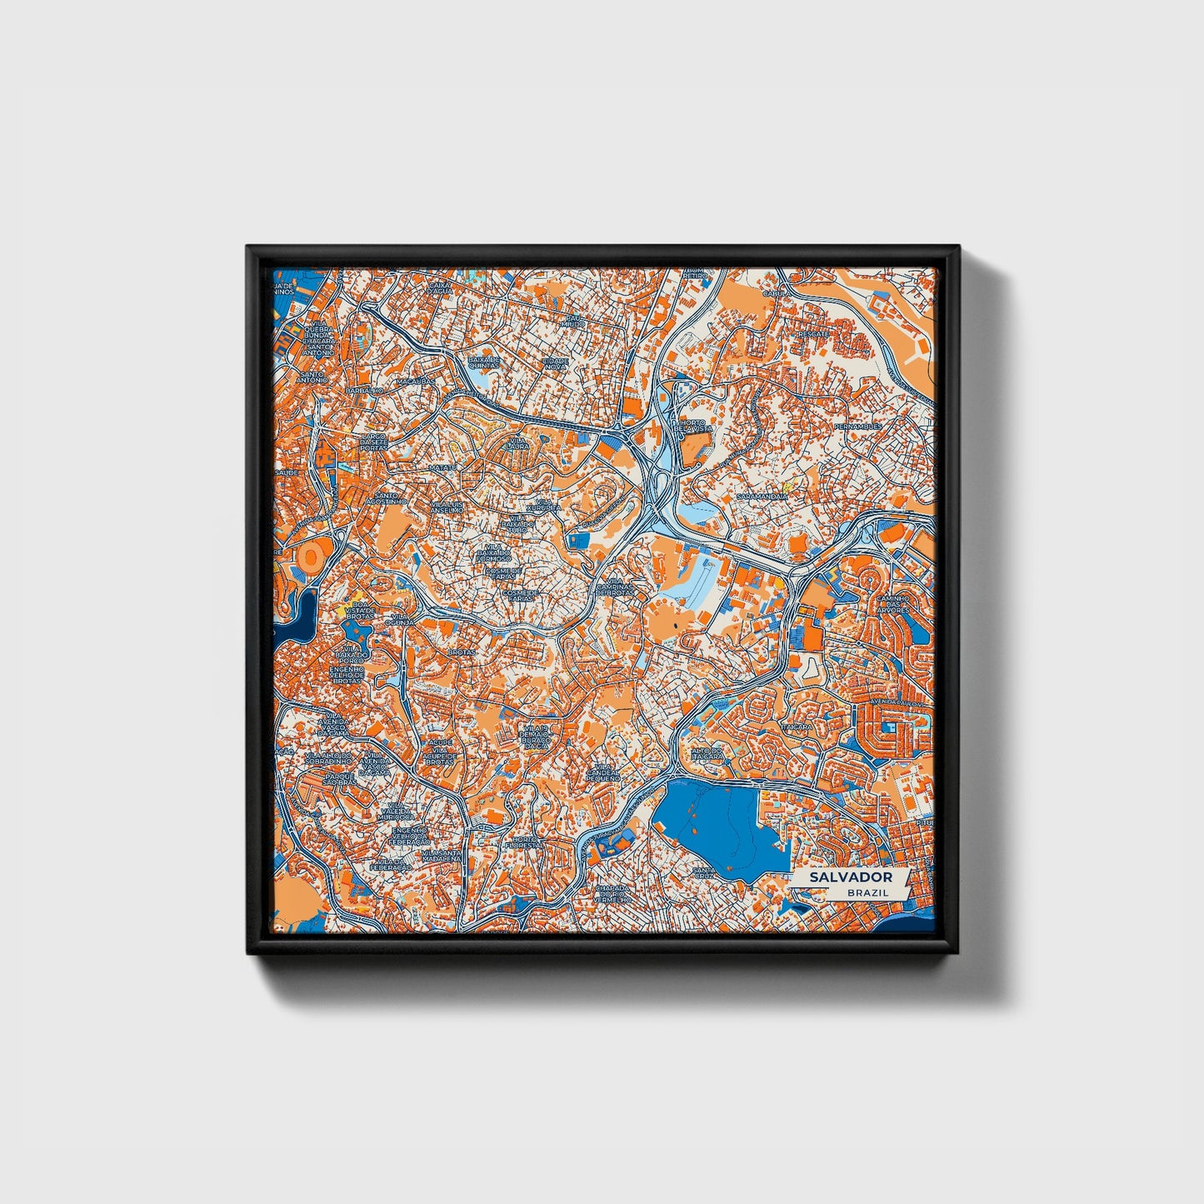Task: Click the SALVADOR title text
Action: click(850, 877)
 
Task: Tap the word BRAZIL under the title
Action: click(867, 892)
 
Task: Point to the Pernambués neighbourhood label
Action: click(857, 427)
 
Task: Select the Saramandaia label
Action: click(762, 497)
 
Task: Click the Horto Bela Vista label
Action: click(693, 426)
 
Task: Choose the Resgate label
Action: click(812, 334)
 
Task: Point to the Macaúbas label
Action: click(416, 381)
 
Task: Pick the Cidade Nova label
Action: click(555, 363)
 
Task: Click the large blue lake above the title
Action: click(717, 821)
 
